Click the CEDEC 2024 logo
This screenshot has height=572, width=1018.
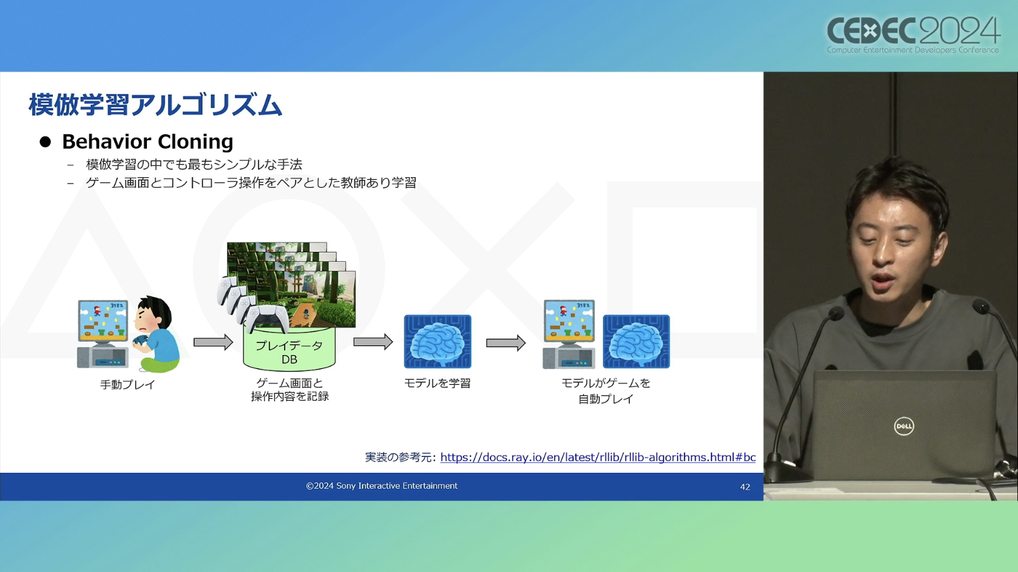[x=913, y=36]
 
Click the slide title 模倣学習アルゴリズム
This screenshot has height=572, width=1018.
[x=156, y=105]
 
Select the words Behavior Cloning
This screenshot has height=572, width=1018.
[x=148, y=142]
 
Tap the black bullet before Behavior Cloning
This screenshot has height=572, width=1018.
[x=45, y=142]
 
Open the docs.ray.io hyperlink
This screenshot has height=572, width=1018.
[x=598, y=457]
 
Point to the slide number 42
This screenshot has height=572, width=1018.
[x=745, y=487]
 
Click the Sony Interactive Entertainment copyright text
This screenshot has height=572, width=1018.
[x=382, y=486]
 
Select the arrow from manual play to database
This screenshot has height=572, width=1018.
[x=213, y=343]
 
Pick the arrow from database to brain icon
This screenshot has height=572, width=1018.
[x=373, y=342]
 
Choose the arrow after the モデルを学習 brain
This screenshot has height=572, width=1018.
[x=506, y=343]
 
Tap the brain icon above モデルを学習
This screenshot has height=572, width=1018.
[x=438, y=341]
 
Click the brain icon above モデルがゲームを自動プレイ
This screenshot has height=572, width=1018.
[x=636, y=341]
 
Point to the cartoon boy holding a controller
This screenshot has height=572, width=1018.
[x=156, y=334]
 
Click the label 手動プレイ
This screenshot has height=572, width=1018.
[x=128, y=384]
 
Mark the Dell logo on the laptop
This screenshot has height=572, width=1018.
[x=904, y=427]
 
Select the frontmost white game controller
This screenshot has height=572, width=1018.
[x=267, y=318]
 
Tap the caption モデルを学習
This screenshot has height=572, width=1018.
[x=438, y=383]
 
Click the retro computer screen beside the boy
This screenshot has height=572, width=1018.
[x=103, y=320]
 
